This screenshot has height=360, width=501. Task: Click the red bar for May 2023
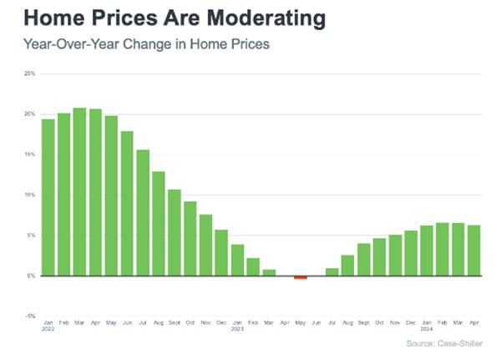[x=301, y=277]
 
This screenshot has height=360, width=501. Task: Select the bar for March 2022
[x=79, y=192]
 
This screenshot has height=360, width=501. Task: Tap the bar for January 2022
[x=48, y=197]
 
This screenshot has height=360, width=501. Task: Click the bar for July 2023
[x=331, y=271]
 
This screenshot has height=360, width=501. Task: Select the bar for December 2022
[x=221, y=252]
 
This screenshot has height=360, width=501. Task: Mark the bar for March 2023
[x=269, y=272]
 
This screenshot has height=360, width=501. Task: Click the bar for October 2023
[x=379, y=256]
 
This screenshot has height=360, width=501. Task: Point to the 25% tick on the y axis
[x=29, y=74]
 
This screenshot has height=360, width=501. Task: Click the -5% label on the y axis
[x=29, y=316]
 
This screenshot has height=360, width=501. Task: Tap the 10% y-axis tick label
[x=29, y=195]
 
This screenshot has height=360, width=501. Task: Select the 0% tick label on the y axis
[x=31, y=276]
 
